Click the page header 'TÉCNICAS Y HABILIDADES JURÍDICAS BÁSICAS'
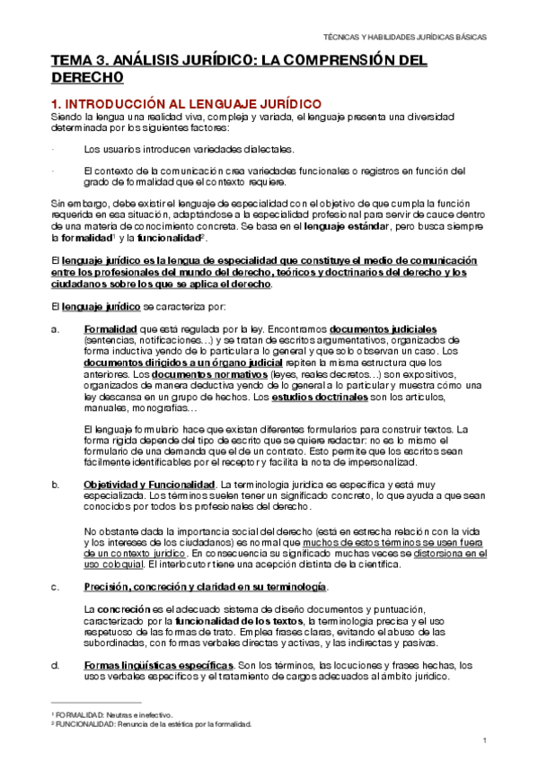[x=405, y=38]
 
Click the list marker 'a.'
[x=56, y=329]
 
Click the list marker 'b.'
[x=56, y=485]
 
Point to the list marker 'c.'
[x=56, y=587]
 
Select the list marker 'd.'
[x=56, y=666]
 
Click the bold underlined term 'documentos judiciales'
[x=384, y=329]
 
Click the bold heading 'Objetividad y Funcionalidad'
[x=149, y=485]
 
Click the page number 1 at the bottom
[x=483, y=740]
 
